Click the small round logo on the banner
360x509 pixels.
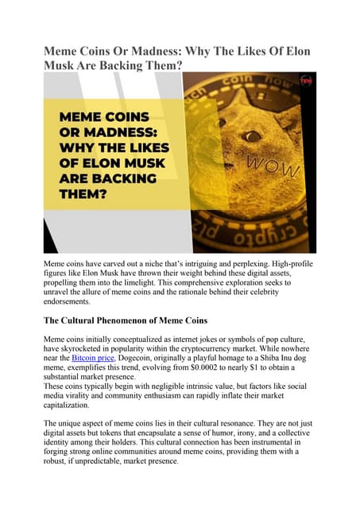click(x=306, y=80)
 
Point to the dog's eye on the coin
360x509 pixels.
click(x=255, y=137)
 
